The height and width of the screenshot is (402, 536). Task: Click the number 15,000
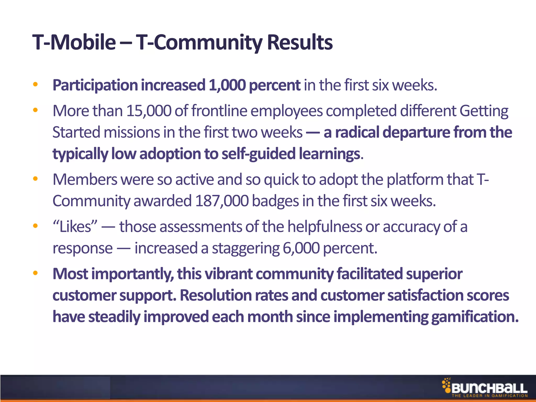coord(148,111)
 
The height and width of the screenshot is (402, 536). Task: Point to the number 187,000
coord(222,201)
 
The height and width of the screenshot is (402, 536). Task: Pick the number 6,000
coord(301,248)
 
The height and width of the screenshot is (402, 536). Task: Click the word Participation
coord(95,85)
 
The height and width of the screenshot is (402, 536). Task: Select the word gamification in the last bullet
coord(474,317)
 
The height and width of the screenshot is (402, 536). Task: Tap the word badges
coord(275,201)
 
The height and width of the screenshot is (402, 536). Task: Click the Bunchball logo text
coord(489,388)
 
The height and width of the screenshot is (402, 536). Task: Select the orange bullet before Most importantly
coord(35,273)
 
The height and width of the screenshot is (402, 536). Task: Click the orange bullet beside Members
coord(35,179)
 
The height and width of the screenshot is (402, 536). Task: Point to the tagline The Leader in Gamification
coord(489,396)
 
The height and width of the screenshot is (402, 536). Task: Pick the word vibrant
coord(228,274)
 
